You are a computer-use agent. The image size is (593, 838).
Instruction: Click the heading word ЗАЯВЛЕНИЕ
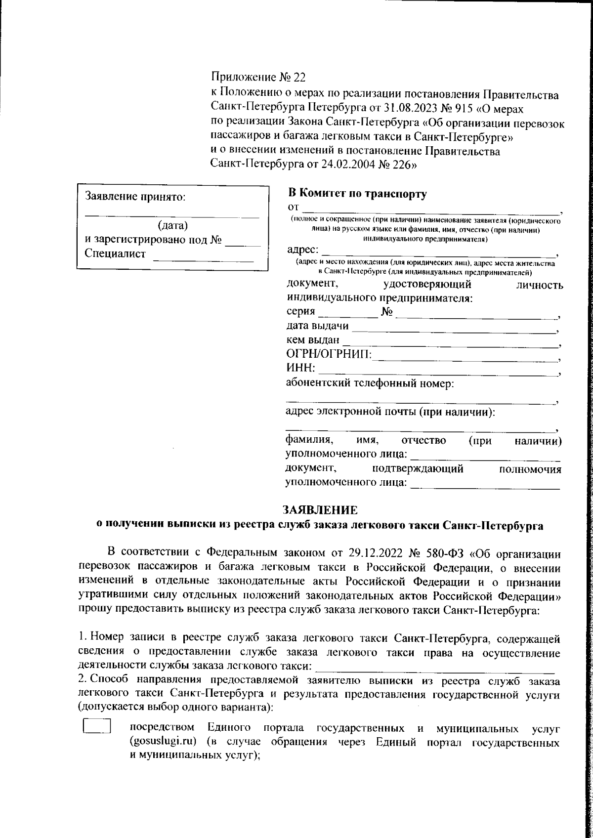click(x=319, y=509)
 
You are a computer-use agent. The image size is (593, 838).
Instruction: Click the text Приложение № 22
click(x=258, y=77)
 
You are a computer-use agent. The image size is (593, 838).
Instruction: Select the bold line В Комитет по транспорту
click(x=357, y=193)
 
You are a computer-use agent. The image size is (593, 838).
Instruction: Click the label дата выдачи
click(x=318, y=326)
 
